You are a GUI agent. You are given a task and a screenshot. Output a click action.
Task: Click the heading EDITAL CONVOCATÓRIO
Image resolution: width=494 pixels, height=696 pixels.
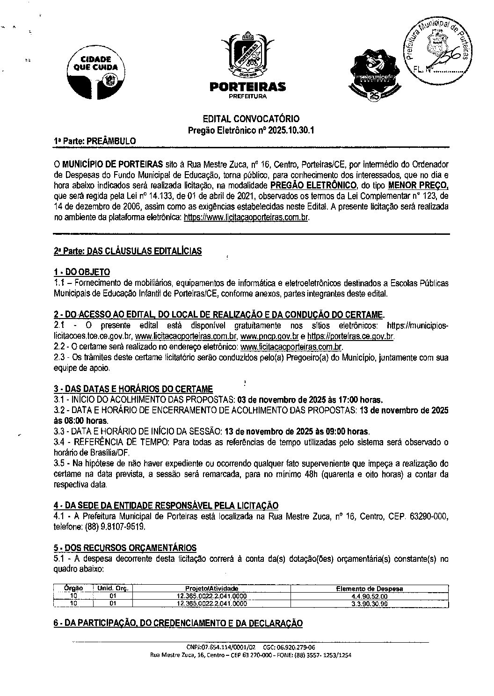click(251, 119)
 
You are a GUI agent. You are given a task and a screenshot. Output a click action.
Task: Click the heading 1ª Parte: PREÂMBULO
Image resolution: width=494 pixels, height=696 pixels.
click(95, 141)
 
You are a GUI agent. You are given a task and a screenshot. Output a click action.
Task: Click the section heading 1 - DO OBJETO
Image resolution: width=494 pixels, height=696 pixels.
click(82, 272)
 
